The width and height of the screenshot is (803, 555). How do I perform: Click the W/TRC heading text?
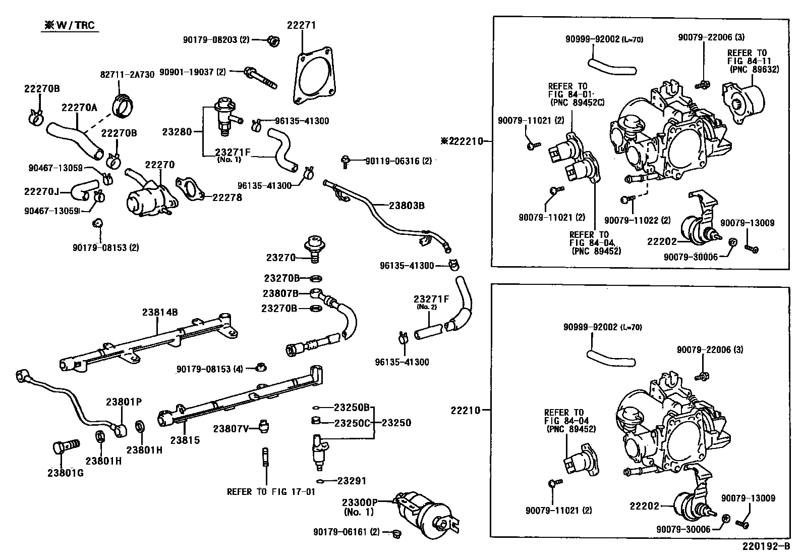coord(70,25)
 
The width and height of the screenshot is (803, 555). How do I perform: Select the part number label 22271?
coord(302,25)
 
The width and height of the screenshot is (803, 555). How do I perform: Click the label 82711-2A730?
coord(127,74)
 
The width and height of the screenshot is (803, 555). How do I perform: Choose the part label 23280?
coord(177,132)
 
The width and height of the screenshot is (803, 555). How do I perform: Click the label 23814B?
coord(159,313)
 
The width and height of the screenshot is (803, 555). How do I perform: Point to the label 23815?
coord(185,440)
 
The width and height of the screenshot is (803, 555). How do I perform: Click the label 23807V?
coord(231,429)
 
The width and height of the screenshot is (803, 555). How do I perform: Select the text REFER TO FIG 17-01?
coord(270,491)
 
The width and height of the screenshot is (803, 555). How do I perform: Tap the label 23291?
coord(352,481)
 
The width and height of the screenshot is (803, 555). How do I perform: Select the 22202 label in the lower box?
coord(644,506)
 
